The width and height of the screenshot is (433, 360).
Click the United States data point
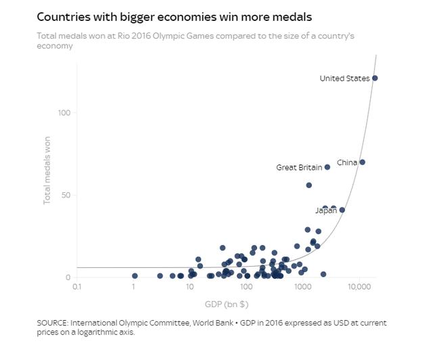tap(375, 78)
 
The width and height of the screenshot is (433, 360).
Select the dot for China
tap(362, 162)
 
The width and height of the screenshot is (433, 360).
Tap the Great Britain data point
tap(327, 167)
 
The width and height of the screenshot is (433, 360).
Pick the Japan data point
tap(342, 210)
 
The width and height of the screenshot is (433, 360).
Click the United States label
tap(344, 78)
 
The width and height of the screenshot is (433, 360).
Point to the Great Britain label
tap(299, 168)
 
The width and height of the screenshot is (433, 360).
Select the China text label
tap(346, 163)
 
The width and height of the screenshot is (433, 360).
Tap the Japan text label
tap(325, 211)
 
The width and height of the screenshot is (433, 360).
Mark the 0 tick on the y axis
tap(67, 277)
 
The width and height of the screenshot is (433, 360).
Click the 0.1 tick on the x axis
tap(76, 288)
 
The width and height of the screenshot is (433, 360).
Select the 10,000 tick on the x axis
tap(359, 288)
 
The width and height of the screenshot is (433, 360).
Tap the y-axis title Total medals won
tap(47, 168)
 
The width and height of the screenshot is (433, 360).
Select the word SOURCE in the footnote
tap(52, 323)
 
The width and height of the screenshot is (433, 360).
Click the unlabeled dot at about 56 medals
tap(309, 185)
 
